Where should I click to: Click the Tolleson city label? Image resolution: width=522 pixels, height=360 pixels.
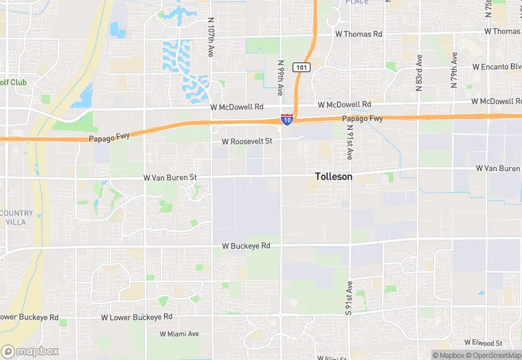point(334,177)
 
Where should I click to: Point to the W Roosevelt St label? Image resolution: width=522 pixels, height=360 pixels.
point(247,141)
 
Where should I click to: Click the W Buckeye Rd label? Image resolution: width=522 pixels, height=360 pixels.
point(246,245)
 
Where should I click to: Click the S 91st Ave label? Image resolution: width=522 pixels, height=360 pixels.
point(350,297)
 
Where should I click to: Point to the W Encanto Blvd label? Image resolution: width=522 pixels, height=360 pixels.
point(497,67)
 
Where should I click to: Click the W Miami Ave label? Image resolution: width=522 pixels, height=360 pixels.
point(179,334)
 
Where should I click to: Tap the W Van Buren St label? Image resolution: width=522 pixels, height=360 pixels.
point(170,177)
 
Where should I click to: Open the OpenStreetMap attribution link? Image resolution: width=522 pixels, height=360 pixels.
point(493,355)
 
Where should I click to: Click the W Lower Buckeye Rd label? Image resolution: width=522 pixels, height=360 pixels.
point(137,317)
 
